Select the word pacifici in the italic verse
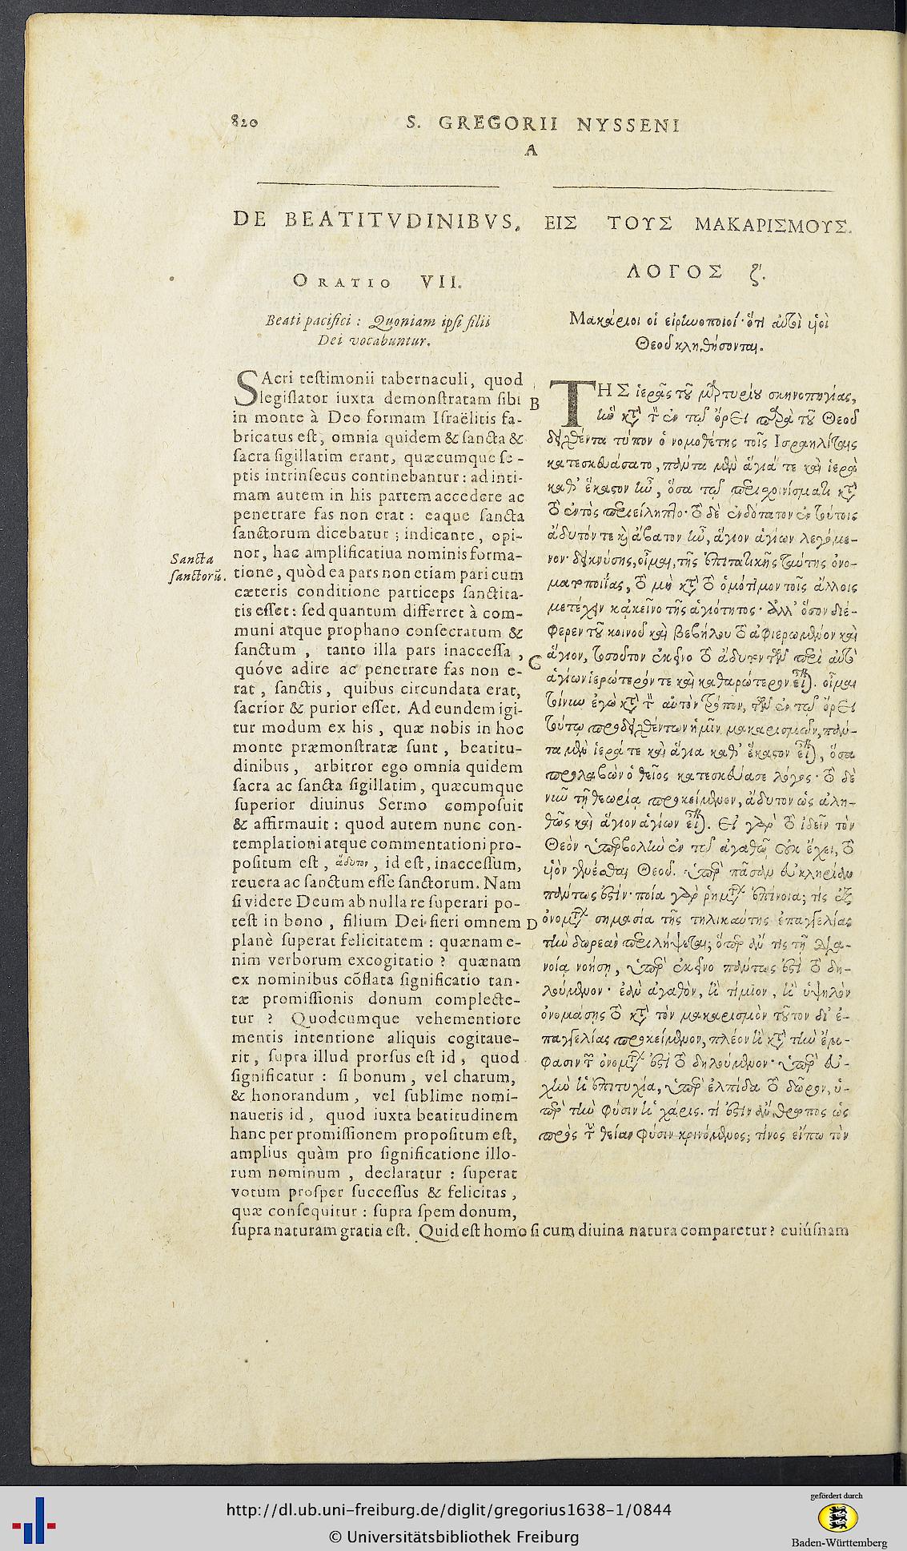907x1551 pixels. pos(326,322)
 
